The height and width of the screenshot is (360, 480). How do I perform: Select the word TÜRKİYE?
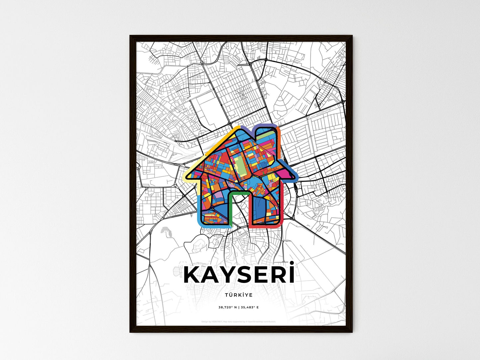pyautogui.click(x=239, y=295)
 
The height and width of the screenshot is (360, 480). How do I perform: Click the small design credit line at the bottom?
pyautogui.click(x=239, y=321)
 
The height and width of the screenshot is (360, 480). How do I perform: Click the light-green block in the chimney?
pyautogui.click(x=270, y=135)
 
